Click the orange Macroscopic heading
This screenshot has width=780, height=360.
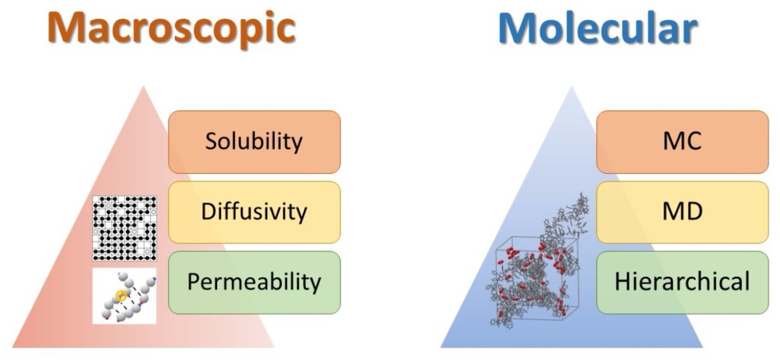(x=172, y=27)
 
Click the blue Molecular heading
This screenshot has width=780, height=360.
(x=597, y=27)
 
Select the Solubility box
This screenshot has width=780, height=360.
(x=254, y=142)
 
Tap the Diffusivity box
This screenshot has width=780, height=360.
(x=254, y=212)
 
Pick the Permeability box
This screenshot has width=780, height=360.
(x=254, y=282)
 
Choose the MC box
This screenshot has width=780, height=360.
(x=682, y=142)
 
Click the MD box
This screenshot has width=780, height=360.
(x=682, y=212)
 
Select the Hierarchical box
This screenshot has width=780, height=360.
(x=682, y=282)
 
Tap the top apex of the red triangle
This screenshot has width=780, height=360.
(x=144, y=87)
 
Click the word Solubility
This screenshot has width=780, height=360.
(x=254, y=142)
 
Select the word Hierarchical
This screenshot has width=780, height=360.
(x=682, y=282)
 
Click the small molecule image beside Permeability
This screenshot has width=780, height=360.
(x=125, y=296)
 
